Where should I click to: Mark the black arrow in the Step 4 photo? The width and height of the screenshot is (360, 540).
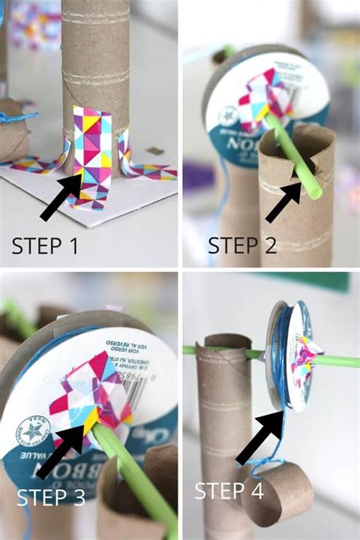[258, 438]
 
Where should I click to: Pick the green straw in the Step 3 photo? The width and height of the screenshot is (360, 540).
[137, 478]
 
